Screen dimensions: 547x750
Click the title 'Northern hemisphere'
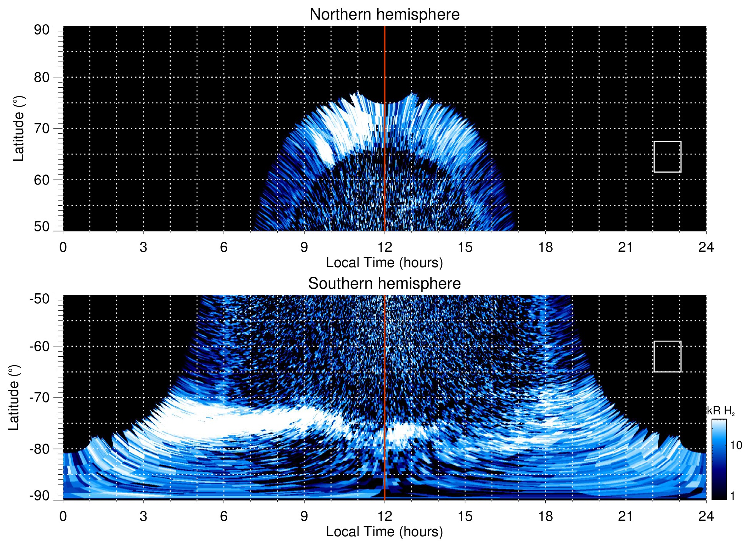pos(384,15)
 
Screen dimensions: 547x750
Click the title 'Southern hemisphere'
pos(384,284)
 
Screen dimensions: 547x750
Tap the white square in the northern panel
pos(667,156)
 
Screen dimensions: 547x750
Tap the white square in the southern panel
pos(667,356)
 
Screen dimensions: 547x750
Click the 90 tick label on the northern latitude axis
pos(42,30)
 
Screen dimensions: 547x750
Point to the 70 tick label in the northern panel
pos(42,128)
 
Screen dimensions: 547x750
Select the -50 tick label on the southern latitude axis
pos(40,299)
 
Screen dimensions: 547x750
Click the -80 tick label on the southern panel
pos(40,449)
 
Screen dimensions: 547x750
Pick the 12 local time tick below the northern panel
pos(384,247)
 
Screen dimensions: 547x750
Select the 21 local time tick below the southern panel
pos(625,516)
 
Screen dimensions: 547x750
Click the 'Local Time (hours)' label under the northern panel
pos(384,263)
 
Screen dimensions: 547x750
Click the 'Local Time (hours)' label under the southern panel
pos(384,532)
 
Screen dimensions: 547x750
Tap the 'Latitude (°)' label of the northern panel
pos(18,128)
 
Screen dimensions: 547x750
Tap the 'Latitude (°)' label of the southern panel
pos(14,397)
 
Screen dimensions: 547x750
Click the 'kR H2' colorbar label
pos(721,411)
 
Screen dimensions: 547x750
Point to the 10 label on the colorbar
pos(736,446)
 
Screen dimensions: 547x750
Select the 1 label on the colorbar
pos(732,496)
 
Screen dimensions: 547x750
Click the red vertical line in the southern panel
pos(385,384)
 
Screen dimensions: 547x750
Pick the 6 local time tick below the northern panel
pos(223,247)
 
